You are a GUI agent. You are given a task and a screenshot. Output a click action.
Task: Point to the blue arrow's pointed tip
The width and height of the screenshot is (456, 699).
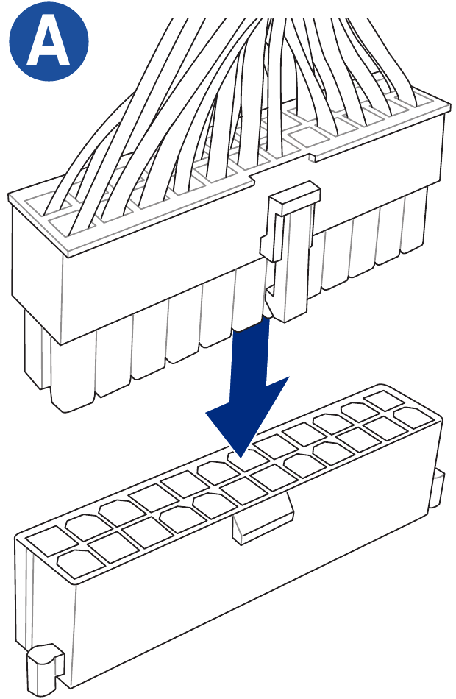pos(241,458)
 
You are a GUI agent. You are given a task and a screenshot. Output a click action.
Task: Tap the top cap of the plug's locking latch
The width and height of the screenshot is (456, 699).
pos(294,194)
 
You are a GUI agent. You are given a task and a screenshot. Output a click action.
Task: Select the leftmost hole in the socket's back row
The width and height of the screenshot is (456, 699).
pos(46,540)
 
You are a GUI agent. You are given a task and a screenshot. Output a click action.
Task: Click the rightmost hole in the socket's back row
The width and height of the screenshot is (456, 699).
pos(383,400)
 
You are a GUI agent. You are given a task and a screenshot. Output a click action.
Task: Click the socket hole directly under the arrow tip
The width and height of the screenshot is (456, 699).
pos(248,460)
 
